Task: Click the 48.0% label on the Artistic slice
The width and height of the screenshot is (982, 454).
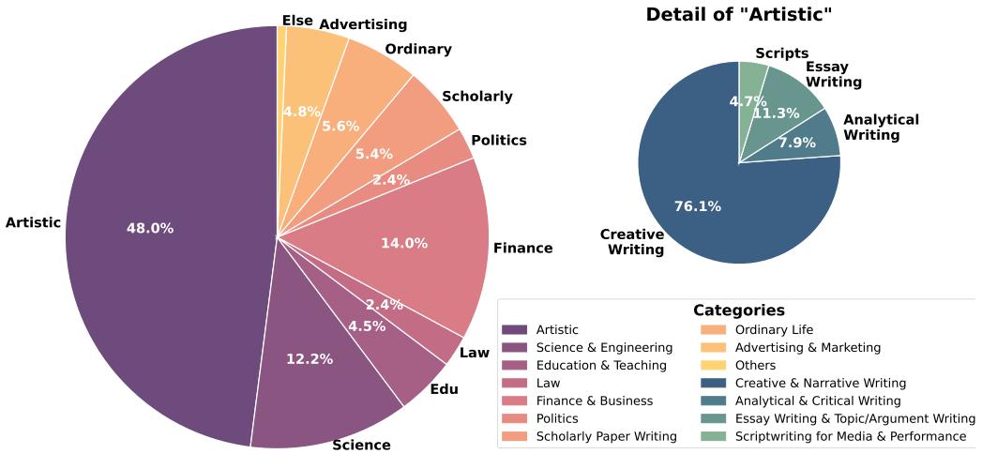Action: (150, 228)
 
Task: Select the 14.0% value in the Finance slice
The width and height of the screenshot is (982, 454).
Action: (404, 243)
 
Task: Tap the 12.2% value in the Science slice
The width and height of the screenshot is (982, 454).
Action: (310, 358)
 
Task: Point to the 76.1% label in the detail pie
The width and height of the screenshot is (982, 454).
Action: (698, 206)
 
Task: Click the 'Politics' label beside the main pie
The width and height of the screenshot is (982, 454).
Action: (499, 140)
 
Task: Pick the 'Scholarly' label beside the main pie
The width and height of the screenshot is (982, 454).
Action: (477, 96)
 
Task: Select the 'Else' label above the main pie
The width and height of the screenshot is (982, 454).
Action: (298, 21)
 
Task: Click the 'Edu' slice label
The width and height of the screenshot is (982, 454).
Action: (444, 388)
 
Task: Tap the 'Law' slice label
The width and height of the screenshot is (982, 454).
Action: (475, 353)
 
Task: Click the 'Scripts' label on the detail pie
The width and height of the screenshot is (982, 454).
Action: (781, 53)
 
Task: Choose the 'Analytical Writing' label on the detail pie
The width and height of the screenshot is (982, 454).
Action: (881, 127)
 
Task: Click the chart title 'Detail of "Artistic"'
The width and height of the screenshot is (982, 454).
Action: (739, 14)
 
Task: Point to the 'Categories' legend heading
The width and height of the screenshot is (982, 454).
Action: (739, 310)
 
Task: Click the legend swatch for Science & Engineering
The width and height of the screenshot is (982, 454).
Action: (514, 347)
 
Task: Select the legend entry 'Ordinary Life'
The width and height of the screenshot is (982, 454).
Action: (774, 329)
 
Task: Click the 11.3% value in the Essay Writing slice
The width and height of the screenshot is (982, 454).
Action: (777, 113)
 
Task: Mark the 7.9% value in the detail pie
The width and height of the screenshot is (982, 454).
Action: (797, 143)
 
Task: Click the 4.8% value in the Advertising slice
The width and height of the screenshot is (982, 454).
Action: (302, 111)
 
